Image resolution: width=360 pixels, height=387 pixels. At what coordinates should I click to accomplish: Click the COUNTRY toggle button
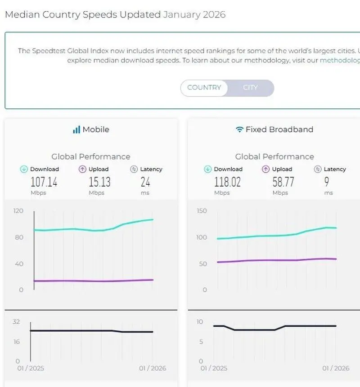(x=204, y=88)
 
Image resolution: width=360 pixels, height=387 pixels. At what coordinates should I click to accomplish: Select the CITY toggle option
(x=250, y=88)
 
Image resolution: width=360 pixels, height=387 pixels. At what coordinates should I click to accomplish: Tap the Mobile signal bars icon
(x=76, y=130)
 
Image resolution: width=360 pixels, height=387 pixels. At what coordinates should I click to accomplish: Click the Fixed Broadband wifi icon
(x=239, y=130)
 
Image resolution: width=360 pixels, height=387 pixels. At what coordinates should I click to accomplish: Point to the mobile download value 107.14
(x=44, y=182)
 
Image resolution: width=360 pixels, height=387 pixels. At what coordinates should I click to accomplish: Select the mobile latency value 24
(x=145, y=182)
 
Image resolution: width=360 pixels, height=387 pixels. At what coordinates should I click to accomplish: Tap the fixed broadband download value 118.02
(x=227, y=182)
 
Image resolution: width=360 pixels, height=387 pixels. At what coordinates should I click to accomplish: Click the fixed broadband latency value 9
(x=326, y=182)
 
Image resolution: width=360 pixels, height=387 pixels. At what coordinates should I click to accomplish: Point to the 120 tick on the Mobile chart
(x=18, y=211)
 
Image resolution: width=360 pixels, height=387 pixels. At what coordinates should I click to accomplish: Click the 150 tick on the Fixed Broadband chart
(x=202, y=211)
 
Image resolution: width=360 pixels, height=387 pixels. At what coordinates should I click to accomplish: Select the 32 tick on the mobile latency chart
(x=17, y=322)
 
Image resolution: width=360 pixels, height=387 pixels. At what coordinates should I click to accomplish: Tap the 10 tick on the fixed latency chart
(x=200, y=322)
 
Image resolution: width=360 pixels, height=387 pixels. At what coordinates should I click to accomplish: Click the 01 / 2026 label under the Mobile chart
(x=152, y=368)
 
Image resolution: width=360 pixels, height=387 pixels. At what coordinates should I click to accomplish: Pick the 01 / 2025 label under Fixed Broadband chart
(x=214, y=368)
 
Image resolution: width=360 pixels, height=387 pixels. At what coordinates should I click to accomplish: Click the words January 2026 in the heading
(x=194, y=14)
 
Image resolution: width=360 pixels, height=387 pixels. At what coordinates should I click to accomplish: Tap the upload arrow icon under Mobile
(x=82, y=169)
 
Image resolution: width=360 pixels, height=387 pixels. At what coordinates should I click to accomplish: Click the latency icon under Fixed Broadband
(x=317, y=169)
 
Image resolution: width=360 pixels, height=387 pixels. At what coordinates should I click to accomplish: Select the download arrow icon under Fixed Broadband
(x=207, y=169)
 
